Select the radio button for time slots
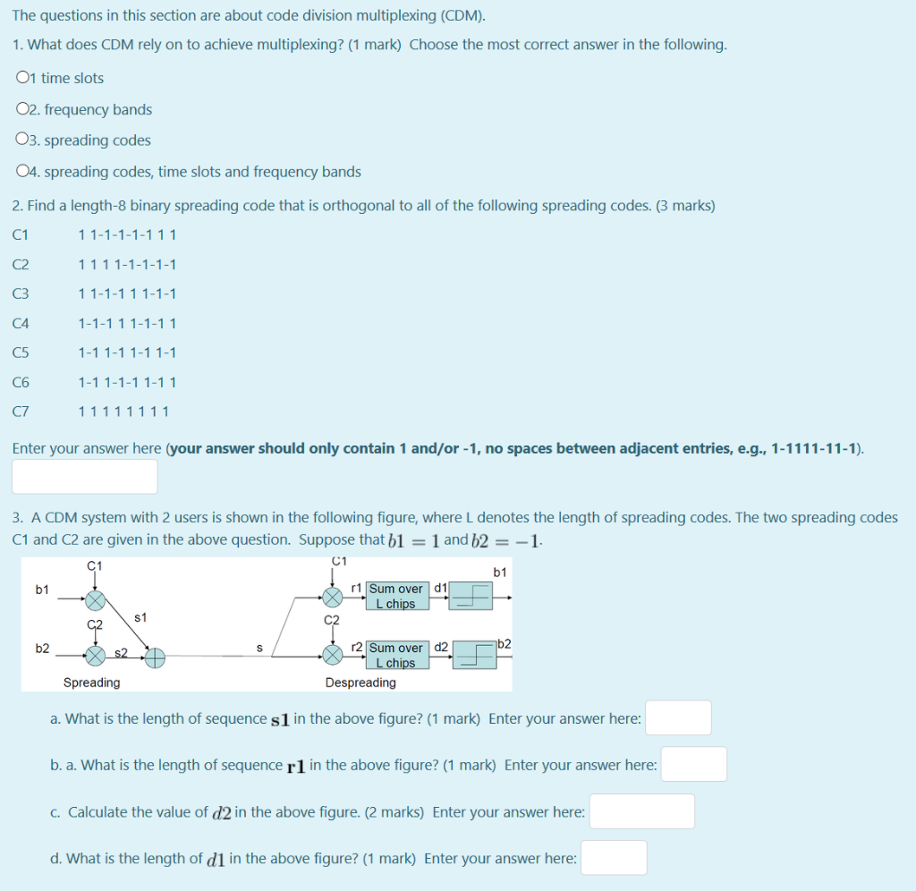pos(22,79)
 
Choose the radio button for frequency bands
pos(22,110)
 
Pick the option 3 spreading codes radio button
pos(22,140)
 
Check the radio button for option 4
pos(22,172)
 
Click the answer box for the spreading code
pos(85,476)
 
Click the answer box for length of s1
pos(678,718)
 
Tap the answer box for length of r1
pos(693,765)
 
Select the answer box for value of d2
pos(641,811)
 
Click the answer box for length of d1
pos(614,858)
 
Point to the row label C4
pos(21,324)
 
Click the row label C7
pos(21,412)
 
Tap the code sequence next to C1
pos(127,235)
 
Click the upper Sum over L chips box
pos(395,596)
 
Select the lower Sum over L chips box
pos(395,655)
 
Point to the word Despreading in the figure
pos(360,683)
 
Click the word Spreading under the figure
pos(91,683)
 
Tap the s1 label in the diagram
pos(140,617)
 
